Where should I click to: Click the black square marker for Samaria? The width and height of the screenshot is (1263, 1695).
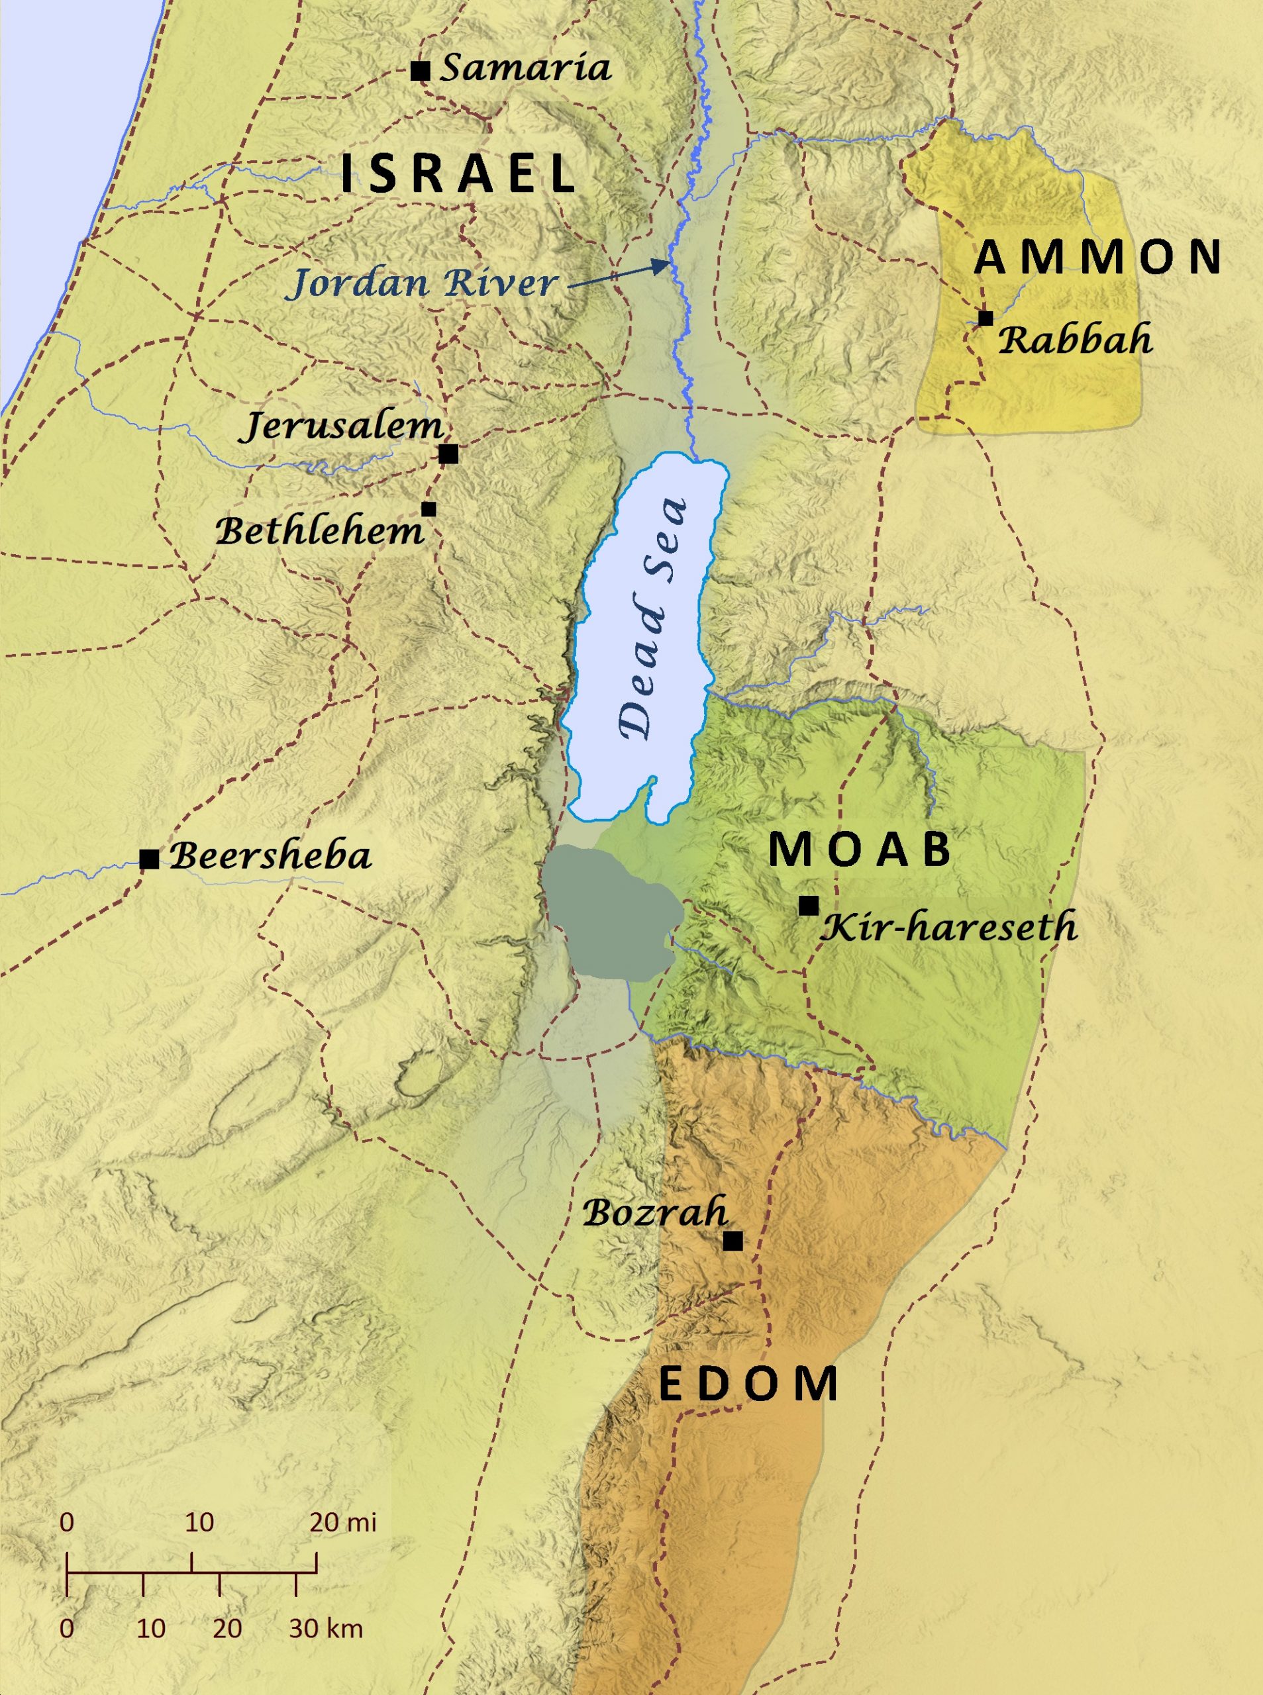coord(420,71)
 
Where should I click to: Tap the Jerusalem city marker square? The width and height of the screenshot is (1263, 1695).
coord(449,454)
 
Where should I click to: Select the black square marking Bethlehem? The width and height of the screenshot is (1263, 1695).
coord(429,509)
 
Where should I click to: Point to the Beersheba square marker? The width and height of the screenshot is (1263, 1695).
coord(149,859)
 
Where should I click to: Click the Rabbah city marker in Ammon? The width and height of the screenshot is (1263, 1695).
coord(985,318)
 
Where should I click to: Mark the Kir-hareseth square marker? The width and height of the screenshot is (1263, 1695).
coord(809,906)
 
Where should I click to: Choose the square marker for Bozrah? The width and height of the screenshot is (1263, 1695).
coord(733,1241)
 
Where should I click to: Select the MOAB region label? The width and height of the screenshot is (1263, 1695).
coord(860,849)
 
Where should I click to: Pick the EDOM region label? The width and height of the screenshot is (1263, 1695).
coord(748,1384)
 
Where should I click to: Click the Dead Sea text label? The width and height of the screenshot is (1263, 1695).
coord(654,619)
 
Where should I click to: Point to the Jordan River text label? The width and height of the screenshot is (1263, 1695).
coord(422,283)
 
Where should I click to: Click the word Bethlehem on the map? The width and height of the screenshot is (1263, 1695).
coord(320,531)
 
